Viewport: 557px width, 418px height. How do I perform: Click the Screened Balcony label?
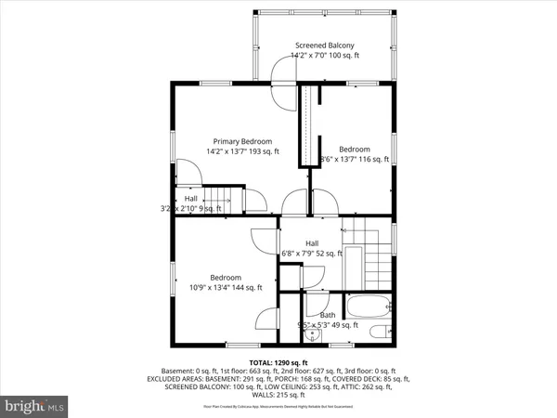tap(324, 45)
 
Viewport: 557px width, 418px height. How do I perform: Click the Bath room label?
tap(328, 315)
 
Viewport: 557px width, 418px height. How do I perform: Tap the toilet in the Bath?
tap(378, 332)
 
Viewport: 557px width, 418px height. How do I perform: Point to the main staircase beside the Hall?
tap(369, 255)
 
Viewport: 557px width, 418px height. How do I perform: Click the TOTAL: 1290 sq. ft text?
tap(278, 361)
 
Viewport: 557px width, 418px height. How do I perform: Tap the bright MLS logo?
tap(35, 406)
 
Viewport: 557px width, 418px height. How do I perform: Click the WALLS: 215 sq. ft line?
tap(278, 396)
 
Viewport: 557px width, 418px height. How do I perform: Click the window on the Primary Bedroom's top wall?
tap(215, 83)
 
